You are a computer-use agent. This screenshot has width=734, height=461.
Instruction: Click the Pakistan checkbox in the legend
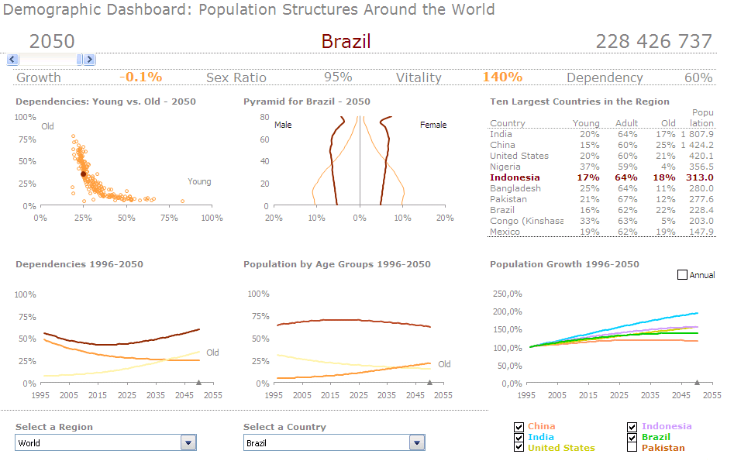[x=632, y=447]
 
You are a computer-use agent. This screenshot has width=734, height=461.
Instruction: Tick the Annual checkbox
[x=683, y=275]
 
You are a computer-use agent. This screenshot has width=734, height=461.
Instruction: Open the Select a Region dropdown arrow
[x=188, y=442]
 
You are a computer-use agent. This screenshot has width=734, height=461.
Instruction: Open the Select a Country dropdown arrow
[x=417, y=442]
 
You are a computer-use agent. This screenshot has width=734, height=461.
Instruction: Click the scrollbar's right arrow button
[x=89, y=60]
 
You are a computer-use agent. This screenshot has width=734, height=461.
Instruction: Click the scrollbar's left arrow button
[x=12, y=60]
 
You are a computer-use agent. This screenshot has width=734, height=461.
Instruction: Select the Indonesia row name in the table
[x=515, y=177]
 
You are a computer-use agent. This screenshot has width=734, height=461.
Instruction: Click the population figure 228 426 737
[x=653, y=41]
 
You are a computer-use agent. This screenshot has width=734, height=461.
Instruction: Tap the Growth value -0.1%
[x=141, y=77]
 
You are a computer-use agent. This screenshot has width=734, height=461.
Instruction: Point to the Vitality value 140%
[x=502, y=77]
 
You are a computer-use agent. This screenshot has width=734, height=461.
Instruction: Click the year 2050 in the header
[x=52, y=41]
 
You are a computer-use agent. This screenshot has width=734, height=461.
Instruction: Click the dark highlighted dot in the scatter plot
[x=84, y=174]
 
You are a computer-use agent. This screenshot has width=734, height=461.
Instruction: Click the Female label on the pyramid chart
[x=433, y=125]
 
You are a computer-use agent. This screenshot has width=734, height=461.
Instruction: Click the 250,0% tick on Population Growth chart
[x=508, y=294]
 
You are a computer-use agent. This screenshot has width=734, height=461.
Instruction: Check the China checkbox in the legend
[x=519, y=426]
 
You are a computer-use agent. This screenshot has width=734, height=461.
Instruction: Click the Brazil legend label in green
[x=656, y=437]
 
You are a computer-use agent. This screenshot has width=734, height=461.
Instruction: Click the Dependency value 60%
[x=698, y=77]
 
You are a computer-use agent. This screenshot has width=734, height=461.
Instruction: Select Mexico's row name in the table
[x=505, y=232]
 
